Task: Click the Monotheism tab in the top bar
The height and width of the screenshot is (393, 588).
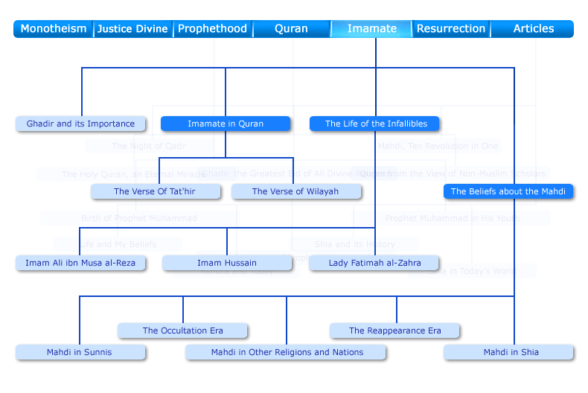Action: click(54, 29)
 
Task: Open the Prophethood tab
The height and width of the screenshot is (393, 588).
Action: click(212, 29)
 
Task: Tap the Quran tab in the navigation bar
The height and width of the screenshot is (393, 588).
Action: click(291, 29)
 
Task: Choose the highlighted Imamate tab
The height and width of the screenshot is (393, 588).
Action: click(371, 29)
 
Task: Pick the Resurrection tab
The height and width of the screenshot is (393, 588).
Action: click(451, 29)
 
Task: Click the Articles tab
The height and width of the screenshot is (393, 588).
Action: click(534, 29)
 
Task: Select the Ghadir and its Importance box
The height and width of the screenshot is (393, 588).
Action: click(80, 124)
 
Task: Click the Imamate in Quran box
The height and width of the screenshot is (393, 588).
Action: click(226, 124)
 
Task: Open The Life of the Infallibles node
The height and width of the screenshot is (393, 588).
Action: click(374, 124)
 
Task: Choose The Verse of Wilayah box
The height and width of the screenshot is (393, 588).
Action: click(295, 191)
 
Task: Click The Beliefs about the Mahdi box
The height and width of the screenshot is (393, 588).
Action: click(508, 191)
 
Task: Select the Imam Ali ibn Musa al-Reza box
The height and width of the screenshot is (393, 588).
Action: click(80, 263)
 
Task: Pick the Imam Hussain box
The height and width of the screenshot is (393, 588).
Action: click(227, 263)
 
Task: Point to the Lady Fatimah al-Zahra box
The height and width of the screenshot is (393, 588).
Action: click(374, 263)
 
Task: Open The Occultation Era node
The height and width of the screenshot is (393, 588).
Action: click(183, 330)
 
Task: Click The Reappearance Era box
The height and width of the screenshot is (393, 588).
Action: click(395, 330)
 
